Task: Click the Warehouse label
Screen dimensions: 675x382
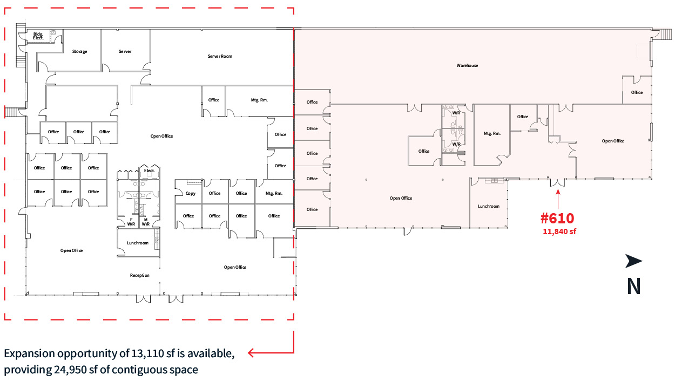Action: (467, 65)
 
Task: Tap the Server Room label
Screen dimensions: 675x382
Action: (220, 56)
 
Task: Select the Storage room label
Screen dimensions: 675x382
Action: (79, 51)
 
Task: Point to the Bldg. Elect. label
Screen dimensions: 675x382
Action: (38, 36)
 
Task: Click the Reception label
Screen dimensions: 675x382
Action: (139, 275)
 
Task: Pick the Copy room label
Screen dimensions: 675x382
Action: (191, 193)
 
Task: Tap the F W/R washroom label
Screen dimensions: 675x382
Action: (131, 222)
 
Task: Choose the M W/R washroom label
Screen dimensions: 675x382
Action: (146, 222)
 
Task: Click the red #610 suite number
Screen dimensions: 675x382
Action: (557, 218)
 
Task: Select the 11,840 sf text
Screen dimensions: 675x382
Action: (559, 231)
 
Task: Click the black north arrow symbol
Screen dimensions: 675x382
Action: (633, 261)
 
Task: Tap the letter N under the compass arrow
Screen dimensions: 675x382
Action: (633, 286)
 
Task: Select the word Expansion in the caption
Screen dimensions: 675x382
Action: (29, 354)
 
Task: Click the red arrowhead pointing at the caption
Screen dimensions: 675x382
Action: (251, 352)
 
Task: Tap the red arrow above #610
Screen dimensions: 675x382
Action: (558, 199)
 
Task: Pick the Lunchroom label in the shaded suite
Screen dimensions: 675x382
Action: (489, 206)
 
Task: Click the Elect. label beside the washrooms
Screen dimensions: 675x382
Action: (149, 170)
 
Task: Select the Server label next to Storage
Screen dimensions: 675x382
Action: (125, 51)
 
